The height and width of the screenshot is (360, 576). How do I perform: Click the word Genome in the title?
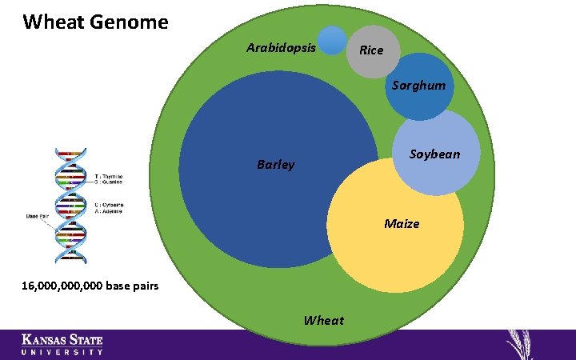point(127,22)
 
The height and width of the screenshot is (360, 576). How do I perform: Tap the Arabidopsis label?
point(281,47)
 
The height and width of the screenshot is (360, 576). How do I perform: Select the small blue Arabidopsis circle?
point(332,41)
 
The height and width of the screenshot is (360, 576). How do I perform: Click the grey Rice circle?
point(371,50)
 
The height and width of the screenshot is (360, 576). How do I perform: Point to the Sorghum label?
point(418,86)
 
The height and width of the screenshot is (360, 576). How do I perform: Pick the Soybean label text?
point(434,154)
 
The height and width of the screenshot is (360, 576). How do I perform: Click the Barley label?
point(275,165)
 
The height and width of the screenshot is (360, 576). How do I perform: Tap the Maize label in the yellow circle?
point(401,223)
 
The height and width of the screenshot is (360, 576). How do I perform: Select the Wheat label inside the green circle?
point(323,320)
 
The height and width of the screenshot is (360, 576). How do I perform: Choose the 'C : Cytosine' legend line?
point(108,205)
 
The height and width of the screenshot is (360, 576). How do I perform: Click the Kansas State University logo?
point(62,344)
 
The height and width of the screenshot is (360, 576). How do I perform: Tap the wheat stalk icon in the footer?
point(523,345)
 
